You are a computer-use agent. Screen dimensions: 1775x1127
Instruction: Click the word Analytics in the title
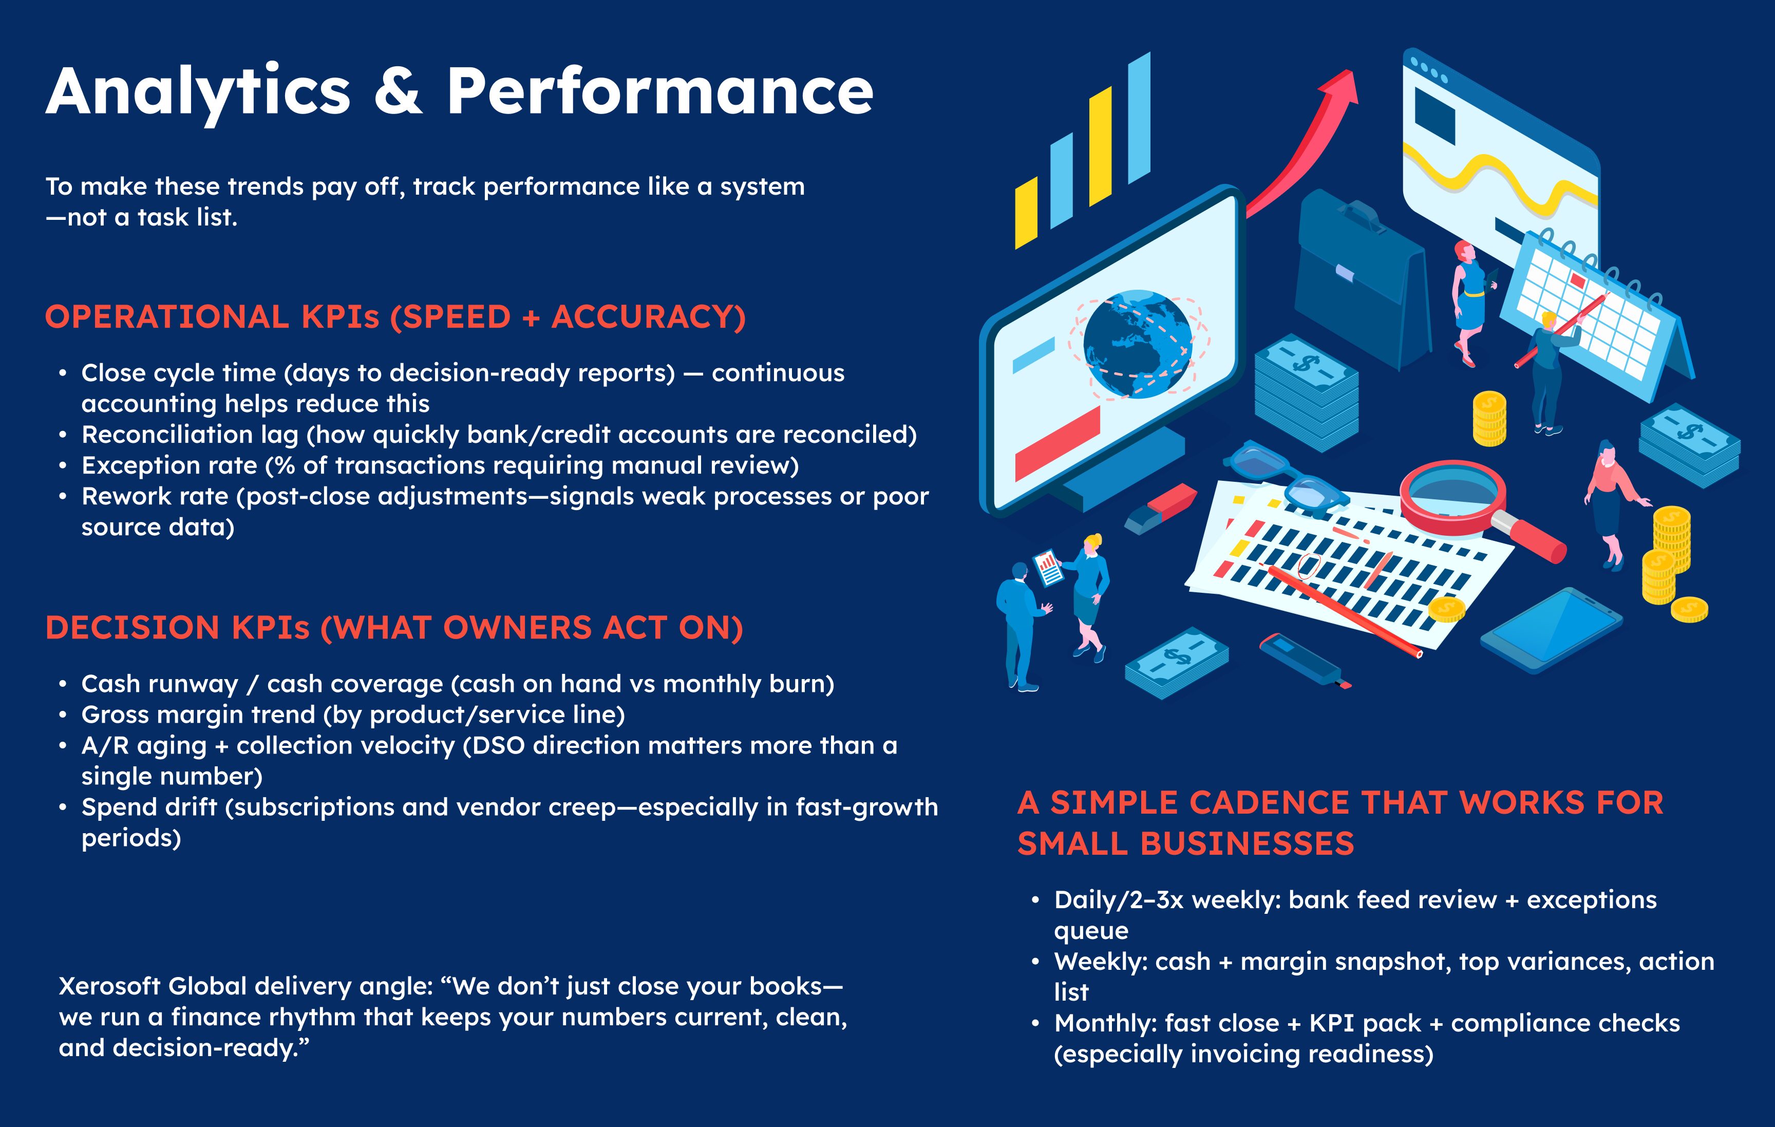pyautogui.click(x=198, y=92)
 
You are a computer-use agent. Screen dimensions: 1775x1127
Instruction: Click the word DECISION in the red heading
pyautogui.click(x=133, y=628)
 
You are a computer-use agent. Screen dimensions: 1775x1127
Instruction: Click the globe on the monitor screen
pyautogui.click(x=1138, y=344)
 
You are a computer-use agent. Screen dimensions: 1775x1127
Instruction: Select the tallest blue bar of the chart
pyautogui.click(x=1139, y=118)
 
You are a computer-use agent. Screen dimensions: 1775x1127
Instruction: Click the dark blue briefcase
pyautogui.click(x=1360, y=280)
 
